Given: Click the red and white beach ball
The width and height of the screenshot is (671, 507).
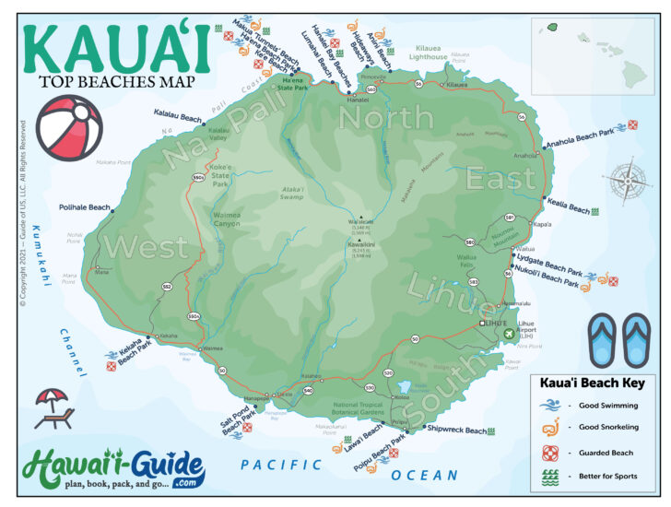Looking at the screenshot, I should pos(68,128).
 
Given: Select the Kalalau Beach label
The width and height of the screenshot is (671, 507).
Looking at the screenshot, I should pos(178,116).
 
